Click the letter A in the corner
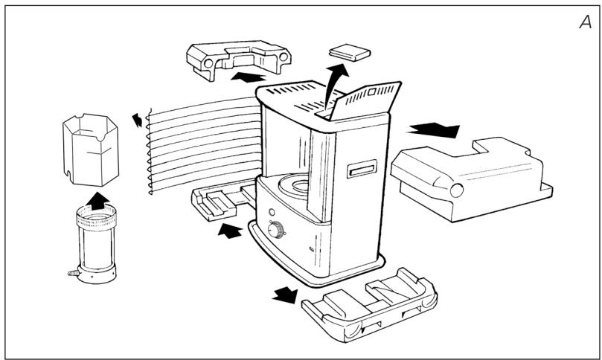point(585,22)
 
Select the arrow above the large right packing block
point(433,130)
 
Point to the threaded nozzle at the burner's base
point(72,274)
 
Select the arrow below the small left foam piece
point(230,232)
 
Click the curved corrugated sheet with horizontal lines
point(201,146)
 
